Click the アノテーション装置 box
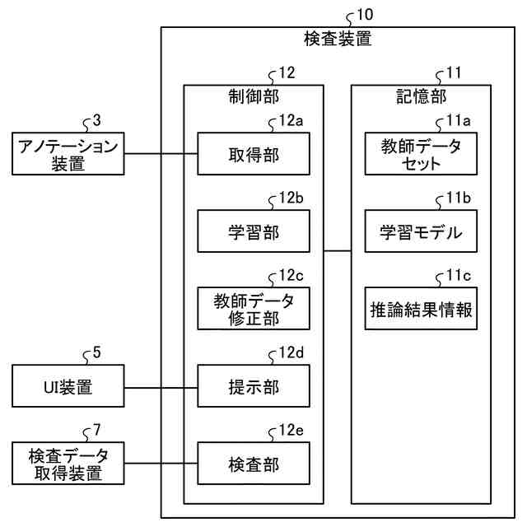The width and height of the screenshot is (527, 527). point(68,154)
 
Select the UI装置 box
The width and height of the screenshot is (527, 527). point(68,386)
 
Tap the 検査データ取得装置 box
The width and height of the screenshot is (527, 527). point(68,463)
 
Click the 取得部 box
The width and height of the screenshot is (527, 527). point(254,154)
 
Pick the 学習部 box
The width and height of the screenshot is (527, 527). point(254,231)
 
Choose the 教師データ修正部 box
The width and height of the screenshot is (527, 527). point(254,308)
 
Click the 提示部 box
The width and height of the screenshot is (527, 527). point(254,386)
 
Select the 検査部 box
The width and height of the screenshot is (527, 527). point(254,463)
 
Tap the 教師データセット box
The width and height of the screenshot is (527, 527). point(421,154)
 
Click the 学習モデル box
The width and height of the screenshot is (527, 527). point(421,231)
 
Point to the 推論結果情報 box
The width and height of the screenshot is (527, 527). point(421,308)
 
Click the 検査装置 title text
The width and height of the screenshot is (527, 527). point(338,39)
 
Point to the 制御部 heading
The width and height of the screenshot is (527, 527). point(254,96)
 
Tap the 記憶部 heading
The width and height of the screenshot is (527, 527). point(421,96)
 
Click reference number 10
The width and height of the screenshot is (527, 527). point(365,15)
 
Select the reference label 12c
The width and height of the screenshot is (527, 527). point(291,276)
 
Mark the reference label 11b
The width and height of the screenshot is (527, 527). point(459,198)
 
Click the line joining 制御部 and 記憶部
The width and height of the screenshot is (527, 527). point(338,250)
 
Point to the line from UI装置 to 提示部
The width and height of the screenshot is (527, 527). point(161,388)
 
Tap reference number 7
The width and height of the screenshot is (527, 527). point(97,430)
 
